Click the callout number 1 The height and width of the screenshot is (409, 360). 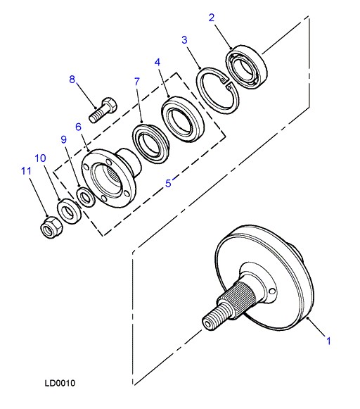click(x=329, y=341)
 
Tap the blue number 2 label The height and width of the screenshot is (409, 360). click(x=212, y=18)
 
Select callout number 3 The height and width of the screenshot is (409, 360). click(x=184, y=40)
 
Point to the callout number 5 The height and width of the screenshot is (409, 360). click(x=168, y=183)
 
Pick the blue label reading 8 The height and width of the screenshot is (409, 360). click(x=72, y=80)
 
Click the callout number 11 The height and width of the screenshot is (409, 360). click(x=26, y=171)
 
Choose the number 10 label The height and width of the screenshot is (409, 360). click(x=40, y=158)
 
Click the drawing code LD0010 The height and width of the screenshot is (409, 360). click(x=60, y=383)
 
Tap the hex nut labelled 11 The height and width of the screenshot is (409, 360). click(x=52, y=227)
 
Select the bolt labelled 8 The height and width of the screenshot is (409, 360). click(x=103, y=110)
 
